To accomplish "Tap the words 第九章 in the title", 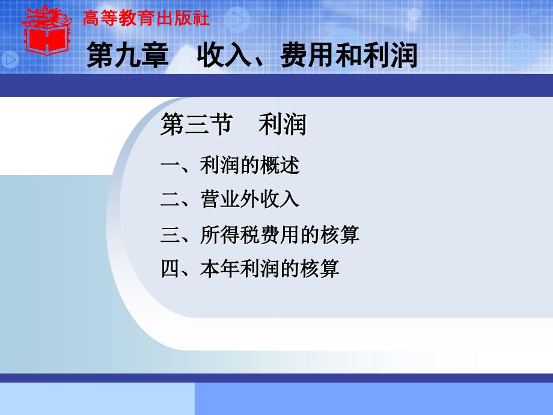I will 127,55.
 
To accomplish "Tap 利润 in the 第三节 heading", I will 282,125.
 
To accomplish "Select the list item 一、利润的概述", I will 230,165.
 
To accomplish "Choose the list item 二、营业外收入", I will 230,200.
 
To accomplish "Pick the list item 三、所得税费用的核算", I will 260,234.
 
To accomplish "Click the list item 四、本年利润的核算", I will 249,268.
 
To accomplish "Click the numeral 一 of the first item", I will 169,165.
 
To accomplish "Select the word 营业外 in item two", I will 230,200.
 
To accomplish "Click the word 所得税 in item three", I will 230,234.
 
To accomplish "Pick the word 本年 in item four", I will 220,268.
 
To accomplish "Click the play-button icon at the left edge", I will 10,58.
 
